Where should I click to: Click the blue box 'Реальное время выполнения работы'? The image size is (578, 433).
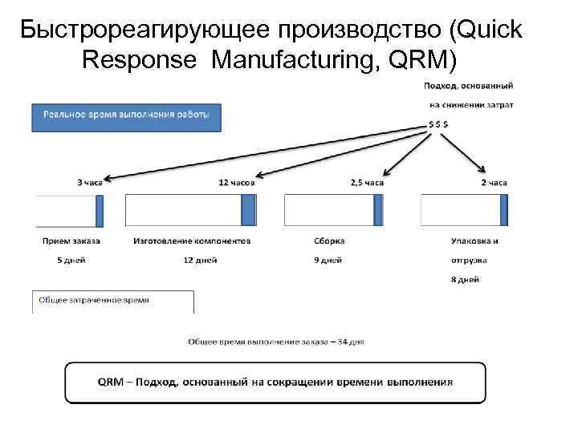[x=125, y=118]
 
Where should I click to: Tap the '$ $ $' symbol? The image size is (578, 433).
[x=438, y=125]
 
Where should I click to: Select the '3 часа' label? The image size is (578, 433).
[x=90, y=183]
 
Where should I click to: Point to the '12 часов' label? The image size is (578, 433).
[x=237, y=183]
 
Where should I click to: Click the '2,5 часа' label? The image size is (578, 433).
[x=368, y=183]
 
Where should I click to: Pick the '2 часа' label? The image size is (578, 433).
[x=494, y=183]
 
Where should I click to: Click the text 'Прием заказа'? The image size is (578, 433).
[x=71, y=240]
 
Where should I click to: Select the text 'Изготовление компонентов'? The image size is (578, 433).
[x=192, y=240]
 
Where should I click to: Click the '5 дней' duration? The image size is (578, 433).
[x=71, y=260]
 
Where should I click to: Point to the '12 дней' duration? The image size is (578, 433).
[x=201, y=260]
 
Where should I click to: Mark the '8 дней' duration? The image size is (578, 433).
[x=466, y=279]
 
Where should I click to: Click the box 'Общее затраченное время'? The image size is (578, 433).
[x=112, y=301]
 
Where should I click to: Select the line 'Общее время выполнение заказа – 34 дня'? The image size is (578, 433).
[x=276, y=341]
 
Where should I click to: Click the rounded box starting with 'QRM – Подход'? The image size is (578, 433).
[x=275, y=382]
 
